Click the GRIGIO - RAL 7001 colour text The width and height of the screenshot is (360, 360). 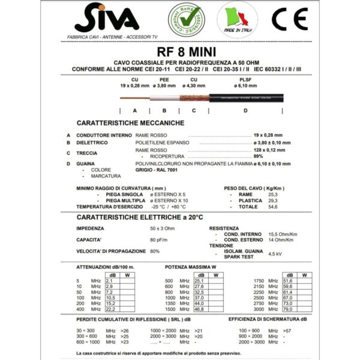(156, 170)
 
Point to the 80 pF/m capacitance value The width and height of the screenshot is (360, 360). (158, 239)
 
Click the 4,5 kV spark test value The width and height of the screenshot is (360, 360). (275, 254)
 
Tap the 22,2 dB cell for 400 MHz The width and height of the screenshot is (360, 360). (110, 308)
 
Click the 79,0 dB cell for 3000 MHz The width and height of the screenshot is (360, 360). (287, 308)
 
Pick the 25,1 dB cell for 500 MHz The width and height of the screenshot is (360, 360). (200, 280)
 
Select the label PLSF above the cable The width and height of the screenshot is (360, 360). (245, 79)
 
